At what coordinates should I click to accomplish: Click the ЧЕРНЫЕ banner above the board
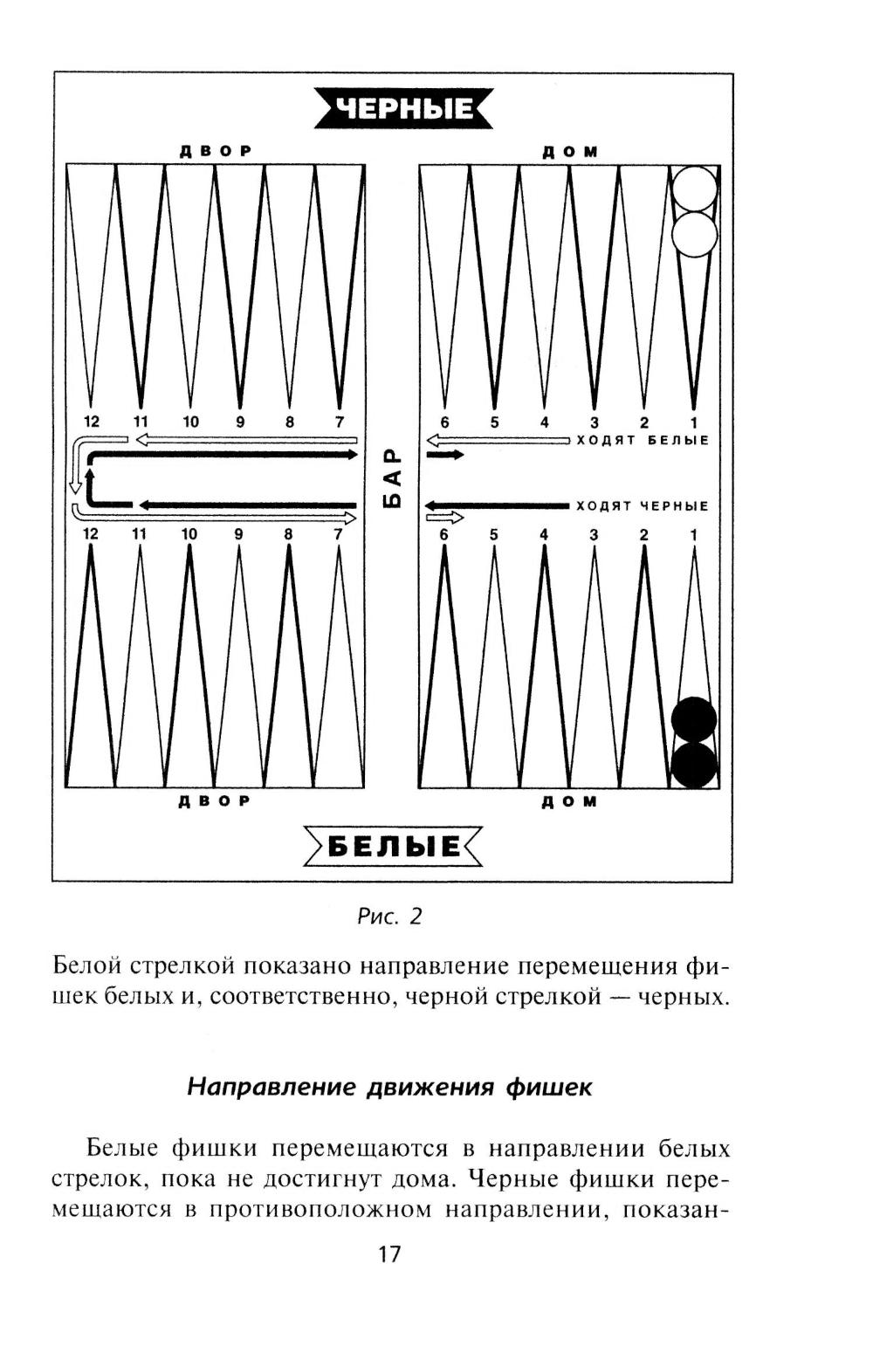point(403,108)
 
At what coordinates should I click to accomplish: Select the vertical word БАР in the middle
point(394,477)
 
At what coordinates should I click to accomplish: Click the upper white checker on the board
point(694,189)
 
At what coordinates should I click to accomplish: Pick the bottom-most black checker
point(694,765)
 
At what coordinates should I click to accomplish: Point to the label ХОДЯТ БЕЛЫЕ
point(643,441)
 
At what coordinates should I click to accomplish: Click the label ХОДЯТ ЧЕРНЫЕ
point(643,506)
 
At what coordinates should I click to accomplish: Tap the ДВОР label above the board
point(215,151)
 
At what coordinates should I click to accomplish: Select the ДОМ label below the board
point(569,801)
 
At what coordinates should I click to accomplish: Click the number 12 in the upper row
point(91,422)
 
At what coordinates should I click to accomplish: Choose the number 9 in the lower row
point(238,534)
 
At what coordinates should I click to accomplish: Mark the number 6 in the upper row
point(444,422)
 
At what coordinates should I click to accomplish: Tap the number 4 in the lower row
point(544,534)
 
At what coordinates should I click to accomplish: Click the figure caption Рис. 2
point(389,916)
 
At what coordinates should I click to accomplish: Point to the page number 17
point(389,1254)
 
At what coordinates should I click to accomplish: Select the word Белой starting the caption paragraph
point(87,966)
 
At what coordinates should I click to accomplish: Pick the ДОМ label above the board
point(569,152)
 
